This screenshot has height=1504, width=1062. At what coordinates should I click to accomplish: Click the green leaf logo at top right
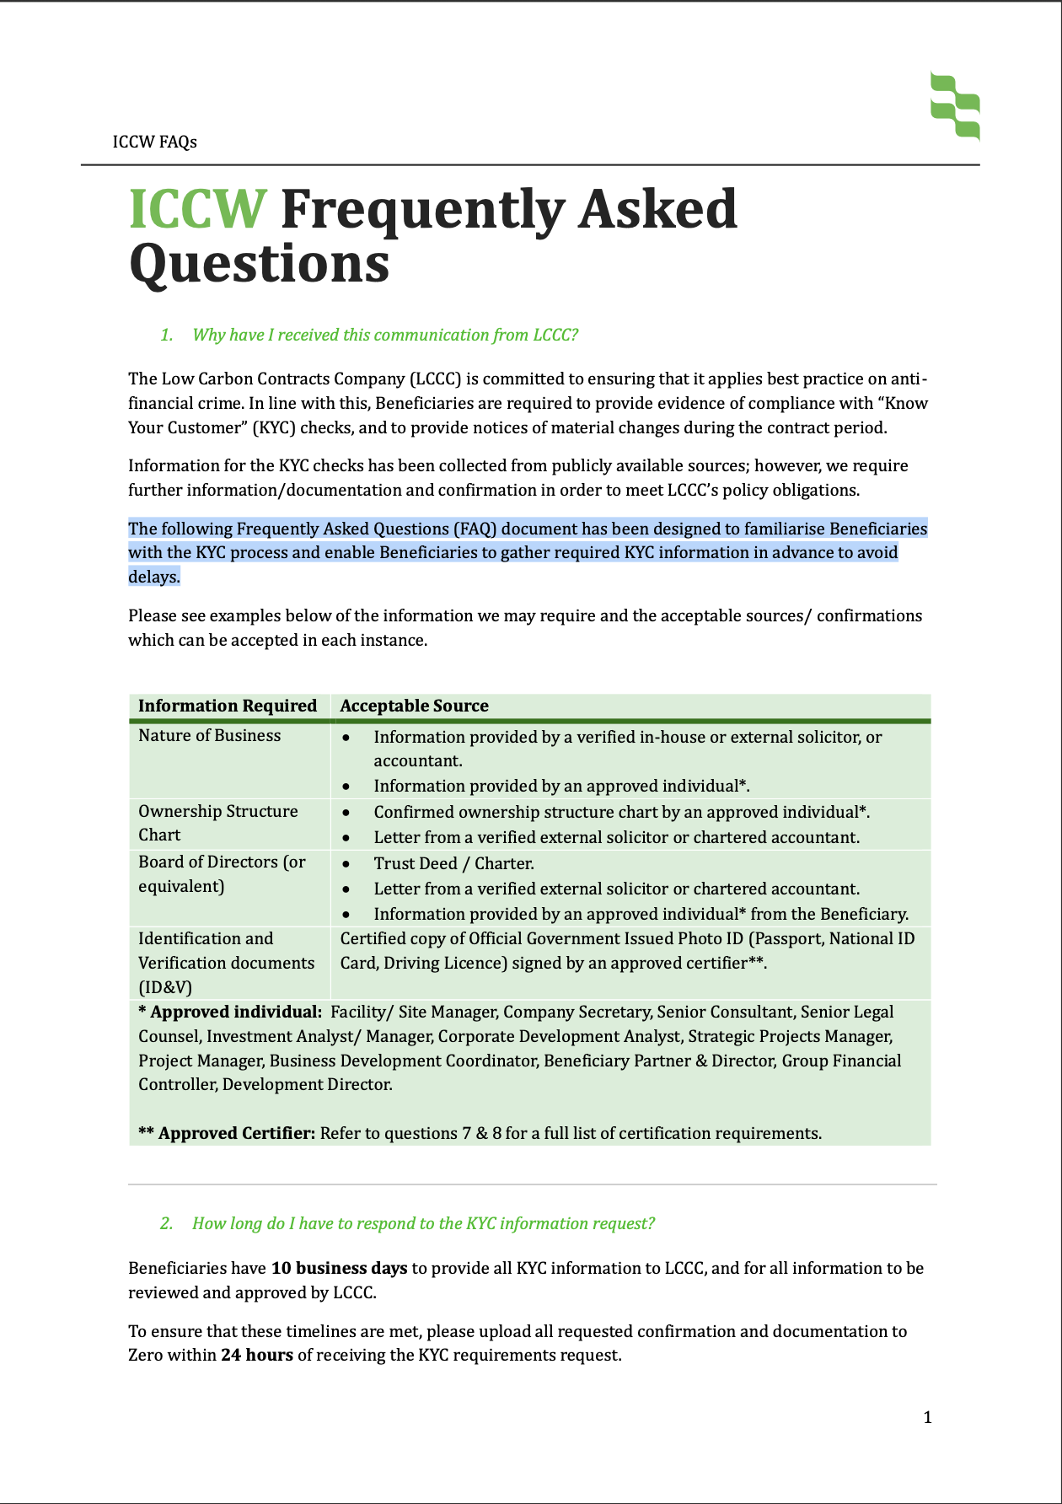(x=955, y=105)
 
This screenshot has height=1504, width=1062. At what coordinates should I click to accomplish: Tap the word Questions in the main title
(x=259, y=264)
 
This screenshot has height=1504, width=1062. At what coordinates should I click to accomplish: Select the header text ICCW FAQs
(x=155, y=142)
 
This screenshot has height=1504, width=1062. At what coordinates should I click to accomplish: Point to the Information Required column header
(x=228, y=706)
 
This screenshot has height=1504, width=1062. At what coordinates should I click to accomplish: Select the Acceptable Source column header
(x=414, y=706)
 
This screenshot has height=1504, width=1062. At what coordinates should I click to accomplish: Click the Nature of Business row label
(x=210, y=735)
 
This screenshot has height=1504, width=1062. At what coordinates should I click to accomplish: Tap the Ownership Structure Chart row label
(x=217, y=823)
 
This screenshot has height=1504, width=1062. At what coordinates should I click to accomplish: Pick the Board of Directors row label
(x=221, y=873)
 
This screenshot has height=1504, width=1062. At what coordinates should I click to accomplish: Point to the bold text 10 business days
(x=339, y=1268)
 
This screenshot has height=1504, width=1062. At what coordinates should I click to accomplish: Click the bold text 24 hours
(x=257, y=1355)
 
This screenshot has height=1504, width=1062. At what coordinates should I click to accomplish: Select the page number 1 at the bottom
(x=927, y=1417)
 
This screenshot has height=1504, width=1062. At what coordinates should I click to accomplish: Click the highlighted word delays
(x=153, y=577)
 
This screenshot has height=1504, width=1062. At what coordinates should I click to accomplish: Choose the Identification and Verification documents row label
(x=226, y=963)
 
